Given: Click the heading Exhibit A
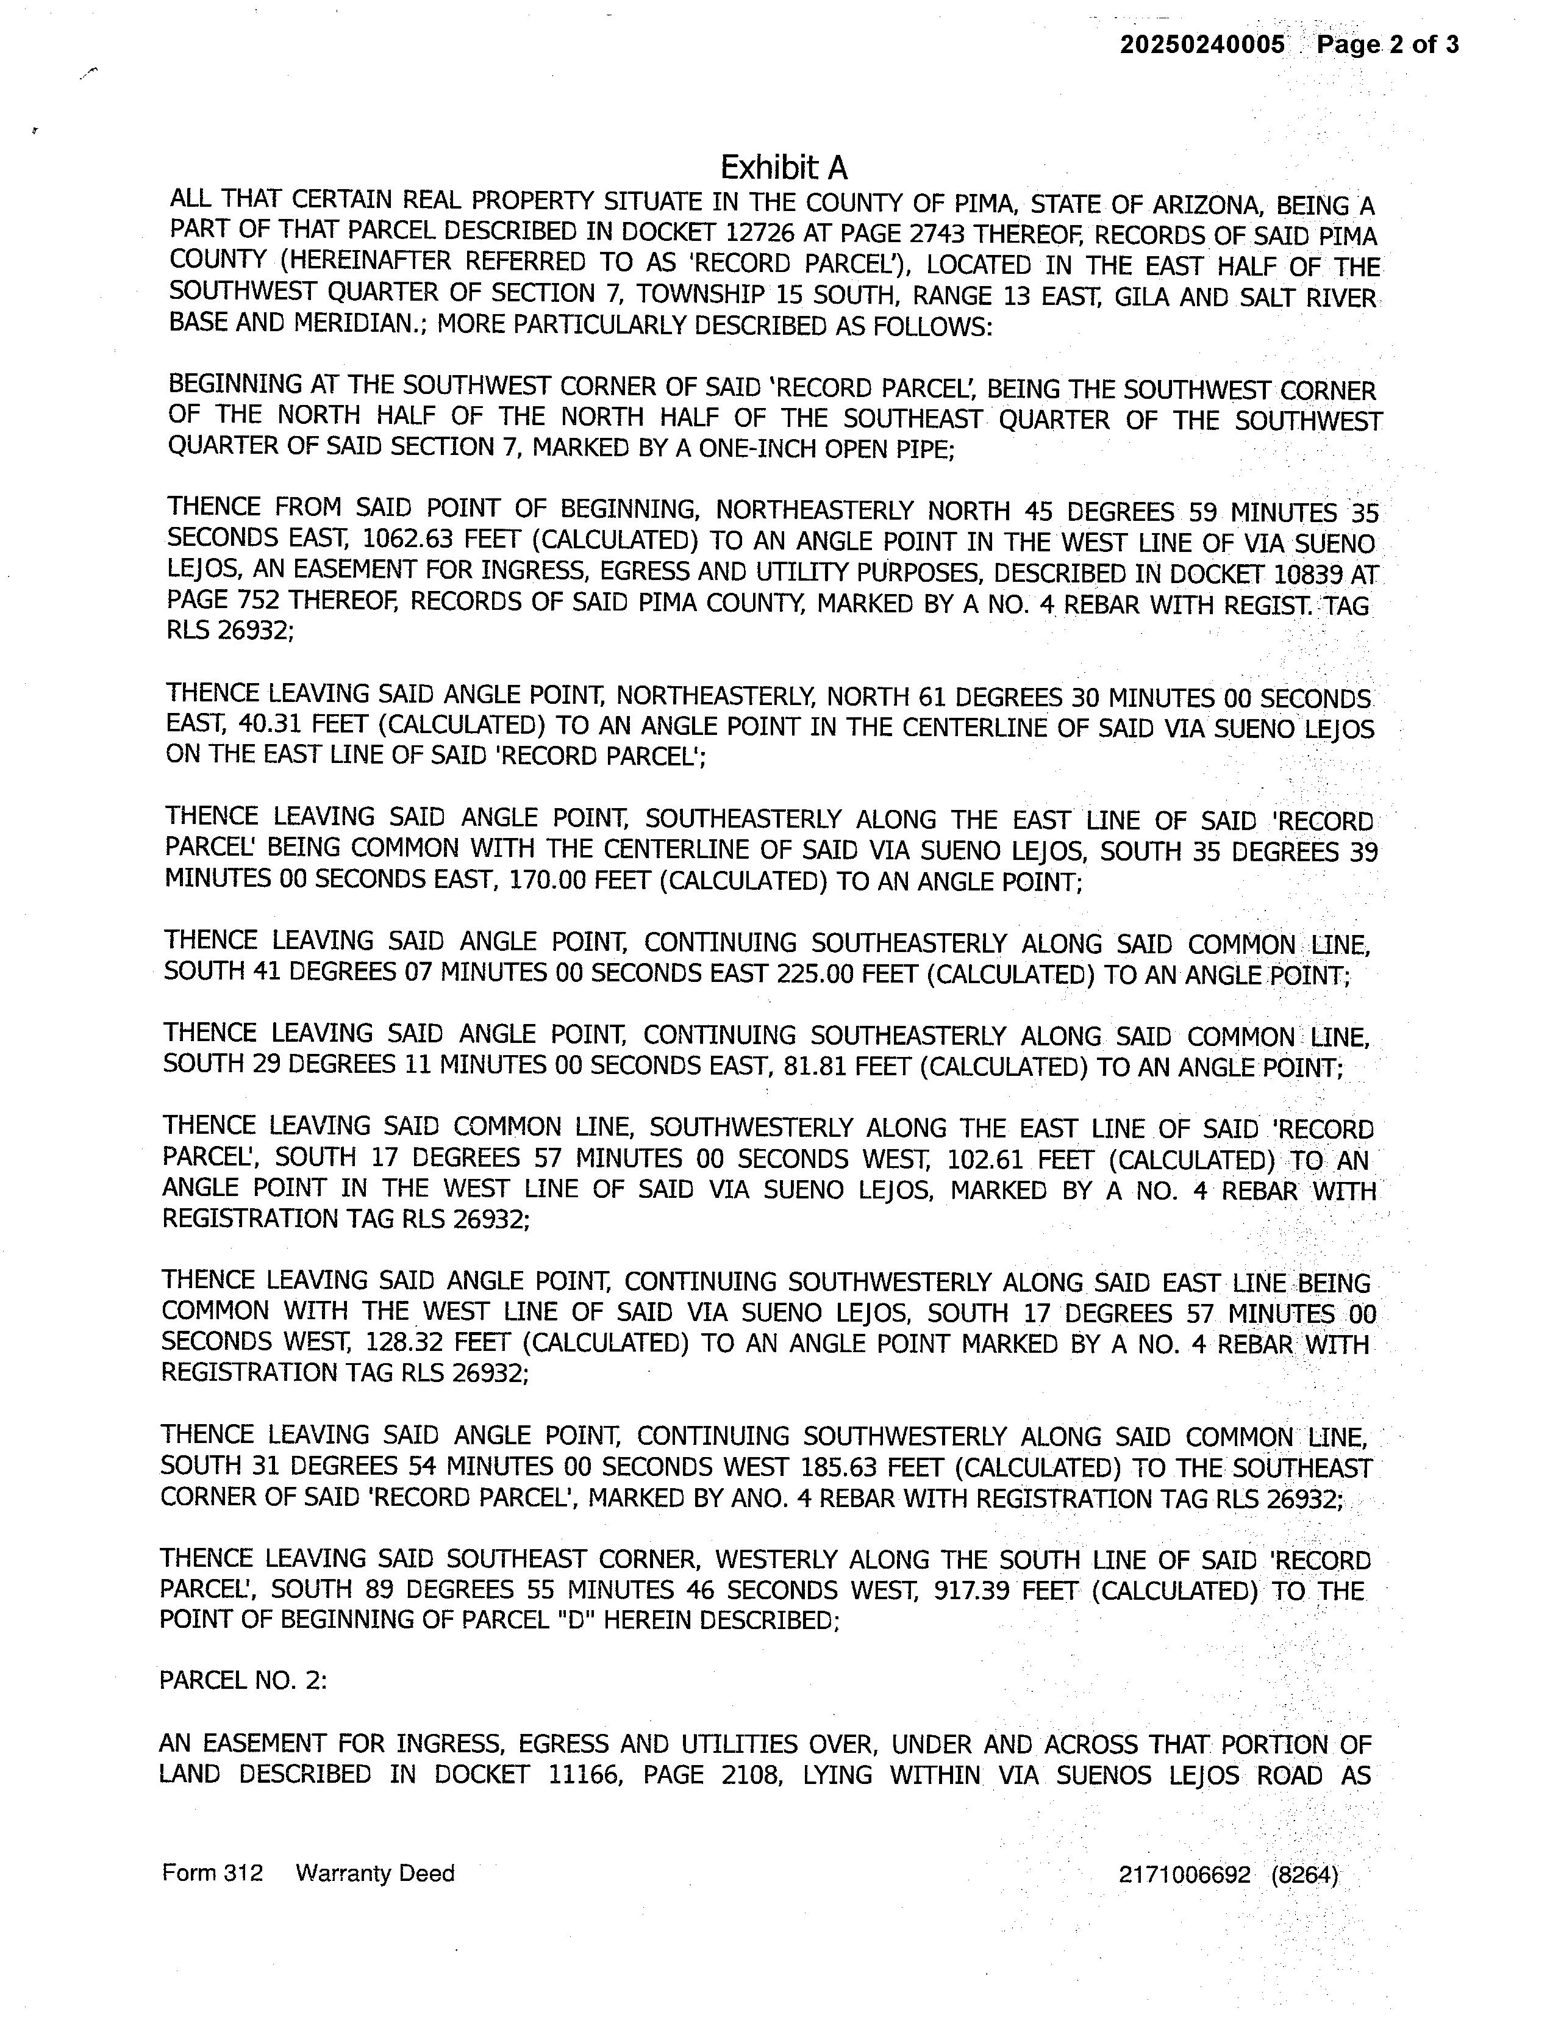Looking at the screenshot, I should pyautogui.click(x=784, y=167).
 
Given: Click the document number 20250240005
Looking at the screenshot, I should pyautogui.click(x=1202, y=45).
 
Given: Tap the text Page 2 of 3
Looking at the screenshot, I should pyautogui.click(x=1388, y=45).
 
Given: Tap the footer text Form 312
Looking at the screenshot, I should pyautogui.click(x=212, y=1873).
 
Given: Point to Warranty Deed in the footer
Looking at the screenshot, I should pyautogui.click(x=374, y=1873).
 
